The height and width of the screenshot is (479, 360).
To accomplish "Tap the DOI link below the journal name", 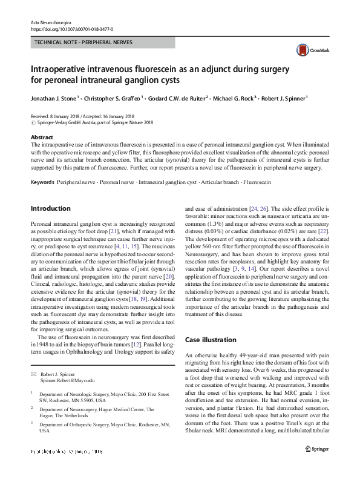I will click(x=71, y=29).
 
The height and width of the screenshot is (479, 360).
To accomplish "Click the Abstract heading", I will click(x=42, y=137).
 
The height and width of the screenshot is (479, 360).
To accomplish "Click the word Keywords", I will click(x=42, y=182).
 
